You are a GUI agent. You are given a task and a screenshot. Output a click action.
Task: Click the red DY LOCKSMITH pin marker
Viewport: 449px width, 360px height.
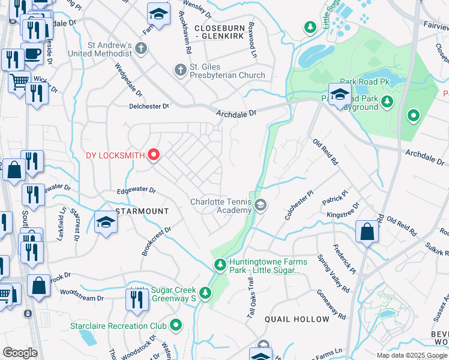154,155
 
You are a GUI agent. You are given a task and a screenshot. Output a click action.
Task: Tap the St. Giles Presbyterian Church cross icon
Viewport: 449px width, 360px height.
179,71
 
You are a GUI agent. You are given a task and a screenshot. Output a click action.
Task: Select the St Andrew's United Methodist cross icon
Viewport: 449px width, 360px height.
141,49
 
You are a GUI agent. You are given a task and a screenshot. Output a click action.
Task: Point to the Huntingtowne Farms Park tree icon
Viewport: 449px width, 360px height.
220,265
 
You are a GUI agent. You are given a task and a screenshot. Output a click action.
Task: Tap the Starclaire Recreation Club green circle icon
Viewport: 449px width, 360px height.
176,326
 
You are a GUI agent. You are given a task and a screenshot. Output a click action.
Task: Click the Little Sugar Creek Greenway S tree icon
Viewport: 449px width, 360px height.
206,293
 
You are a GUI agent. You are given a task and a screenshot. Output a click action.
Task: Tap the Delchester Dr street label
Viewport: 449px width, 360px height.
149,106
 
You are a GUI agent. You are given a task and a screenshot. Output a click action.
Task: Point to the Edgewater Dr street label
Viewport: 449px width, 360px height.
136,190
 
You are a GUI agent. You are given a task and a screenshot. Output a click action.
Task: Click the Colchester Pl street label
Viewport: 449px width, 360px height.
300,205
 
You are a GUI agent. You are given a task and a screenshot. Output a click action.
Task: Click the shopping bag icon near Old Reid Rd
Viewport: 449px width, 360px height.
367,232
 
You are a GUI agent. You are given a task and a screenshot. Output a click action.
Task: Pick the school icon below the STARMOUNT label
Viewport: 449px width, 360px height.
106,223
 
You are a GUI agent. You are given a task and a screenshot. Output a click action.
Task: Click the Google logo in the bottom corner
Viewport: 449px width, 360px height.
20,352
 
